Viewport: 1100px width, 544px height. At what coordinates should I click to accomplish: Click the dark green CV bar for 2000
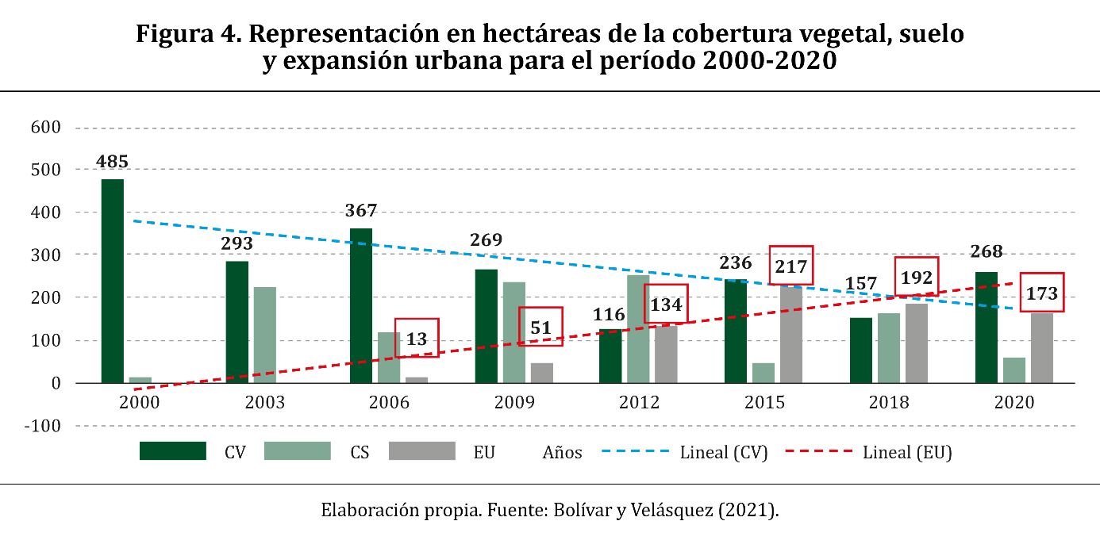tap(112, 281)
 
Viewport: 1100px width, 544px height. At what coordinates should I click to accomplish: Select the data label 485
tap(112, 162)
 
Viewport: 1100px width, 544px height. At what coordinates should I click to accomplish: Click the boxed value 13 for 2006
tap(417, 339)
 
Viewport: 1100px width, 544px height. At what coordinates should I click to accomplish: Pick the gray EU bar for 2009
tap(541, 373)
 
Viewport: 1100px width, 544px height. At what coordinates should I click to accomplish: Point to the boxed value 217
tap(790, 266)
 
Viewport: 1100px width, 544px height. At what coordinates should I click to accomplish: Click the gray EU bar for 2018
tap(917, 343)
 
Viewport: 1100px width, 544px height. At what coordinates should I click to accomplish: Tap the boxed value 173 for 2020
tap(1041, 293)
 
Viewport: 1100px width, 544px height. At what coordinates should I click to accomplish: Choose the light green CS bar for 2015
tap(763, 373)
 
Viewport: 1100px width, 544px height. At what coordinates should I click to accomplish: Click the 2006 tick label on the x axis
tap(389, 402)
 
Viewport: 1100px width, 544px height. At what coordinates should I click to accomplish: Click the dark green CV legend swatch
tap(173, 451)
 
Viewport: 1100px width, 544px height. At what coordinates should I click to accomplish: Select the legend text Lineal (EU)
tap(907, 453)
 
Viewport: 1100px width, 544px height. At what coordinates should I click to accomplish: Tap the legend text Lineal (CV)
tap(724, 453)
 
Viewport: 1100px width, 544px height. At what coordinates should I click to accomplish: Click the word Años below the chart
tap(562, 453)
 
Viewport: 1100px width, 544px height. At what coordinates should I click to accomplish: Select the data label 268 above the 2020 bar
tap(986, 251)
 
